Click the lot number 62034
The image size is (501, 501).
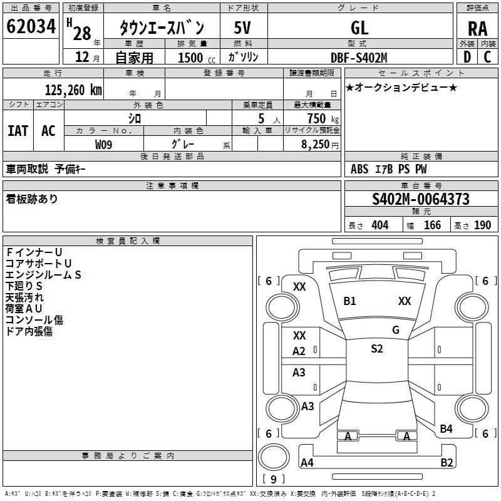[x=31, y=27]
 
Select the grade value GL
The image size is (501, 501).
[x=359, y=28]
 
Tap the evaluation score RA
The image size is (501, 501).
[x=477, y=28]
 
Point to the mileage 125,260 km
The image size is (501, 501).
[x=73, y=90]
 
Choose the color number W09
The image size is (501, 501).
[x=104, y=145]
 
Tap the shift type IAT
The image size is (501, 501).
[x=18, y=130]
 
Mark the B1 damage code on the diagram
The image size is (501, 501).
[x=349, y=301]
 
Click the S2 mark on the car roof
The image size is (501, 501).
[x=376, y=349]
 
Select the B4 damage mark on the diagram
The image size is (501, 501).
[x=446, y=429]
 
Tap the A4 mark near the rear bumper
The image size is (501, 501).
[x=307, y=463]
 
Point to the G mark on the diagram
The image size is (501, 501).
[x=396, y=330]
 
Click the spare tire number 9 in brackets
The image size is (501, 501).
[x=273, y=480]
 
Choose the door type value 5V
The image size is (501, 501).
[x=244, y=28]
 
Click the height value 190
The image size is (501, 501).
[x=482, y=225]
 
